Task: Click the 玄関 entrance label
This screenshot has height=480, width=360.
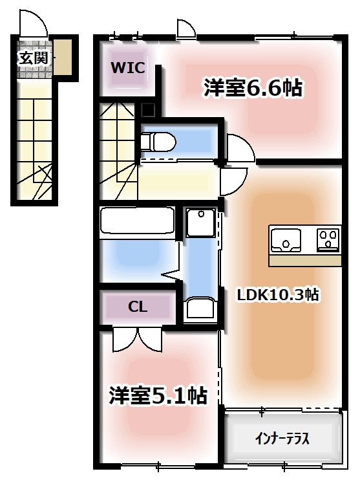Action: point(34,58)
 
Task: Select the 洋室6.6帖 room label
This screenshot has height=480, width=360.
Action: point(253,89)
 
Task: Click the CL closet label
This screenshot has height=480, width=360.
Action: point(137,307)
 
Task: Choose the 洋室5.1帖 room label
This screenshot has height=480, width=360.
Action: point(158,395)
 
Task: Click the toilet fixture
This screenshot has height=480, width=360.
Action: point(157,140)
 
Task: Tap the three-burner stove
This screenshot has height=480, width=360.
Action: point(328,239)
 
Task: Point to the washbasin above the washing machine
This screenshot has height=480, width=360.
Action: point(200,223)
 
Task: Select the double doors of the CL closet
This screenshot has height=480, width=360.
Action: point(138,337)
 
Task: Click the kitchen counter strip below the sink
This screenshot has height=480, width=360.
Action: point(304,260)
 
